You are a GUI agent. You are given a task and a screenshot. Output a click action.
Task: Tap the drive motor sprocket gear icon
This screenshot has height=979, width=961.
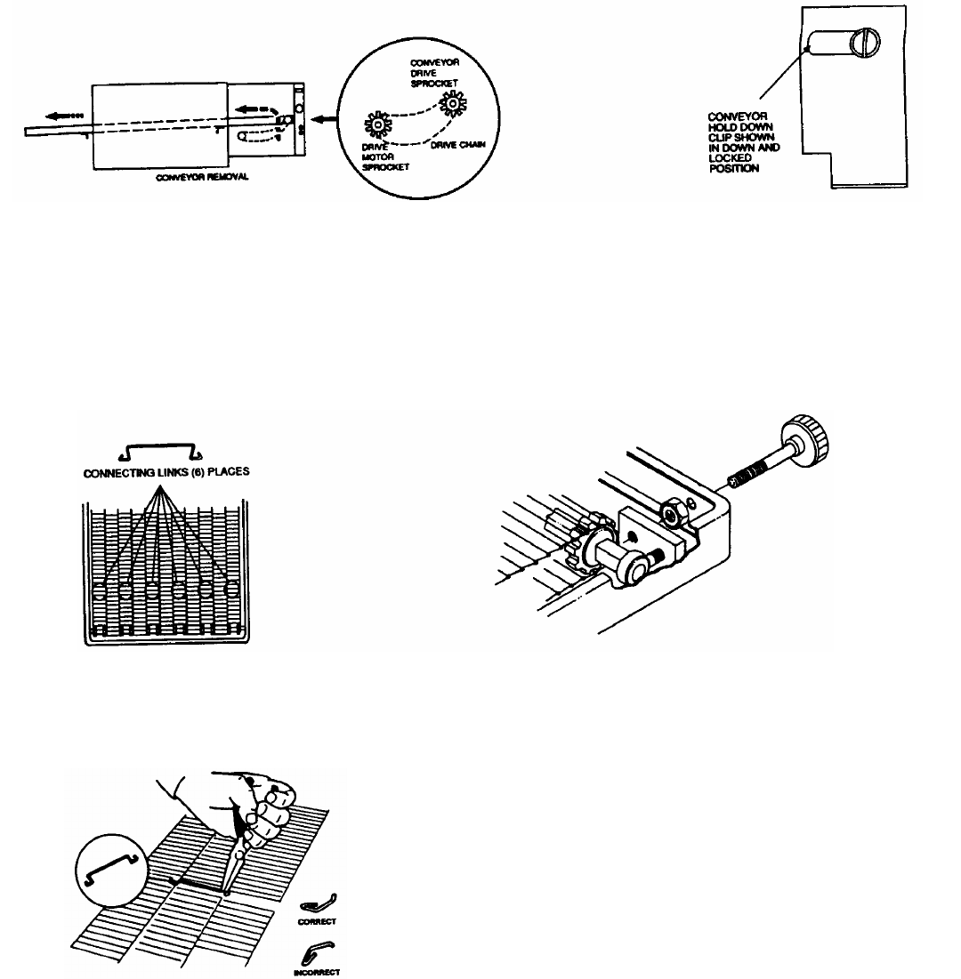pyautogui.click(x=377, y=127)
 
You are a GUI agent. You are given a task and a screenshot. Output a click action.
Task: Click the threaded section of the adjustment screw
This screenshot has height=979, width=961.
pyautogui.click(x=756, y=465)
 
